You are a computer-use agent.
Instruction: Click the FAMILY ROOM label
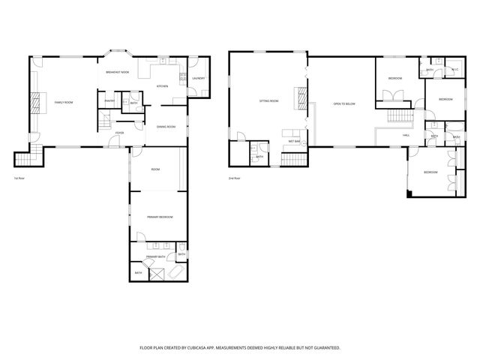pos(63,102)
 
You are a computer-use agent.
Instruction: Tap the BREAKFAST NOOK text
pos(117,71)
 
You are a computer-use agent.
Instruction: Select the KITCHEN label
pos(162,86)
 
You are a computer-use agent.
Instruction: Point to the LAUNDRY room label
pos(198,78)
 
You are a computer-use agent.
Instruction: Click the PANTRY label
pos(109,100)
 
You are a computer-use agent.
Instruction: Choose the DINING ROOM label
pos(166,127)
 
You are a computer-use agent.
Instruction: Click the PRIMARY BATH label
pos(156,256)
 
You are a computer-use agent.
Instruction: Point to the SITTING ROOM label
pos(268,100)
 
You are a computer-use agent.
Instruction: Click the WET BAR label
pos(294,140)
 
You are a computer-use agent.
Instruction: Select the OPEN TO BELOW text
pos(343,103)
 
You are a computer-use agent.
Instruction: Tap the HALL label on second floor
pos(406,135)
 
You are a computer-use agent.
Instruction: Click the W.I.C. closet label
pos(454,70)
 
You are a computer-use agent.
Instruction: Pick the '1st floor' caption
pos(19,178)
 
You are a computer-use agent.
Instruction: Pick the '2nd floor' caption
pos(235,178)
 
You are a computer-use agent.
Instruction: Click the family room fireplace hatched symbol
pos(34,102)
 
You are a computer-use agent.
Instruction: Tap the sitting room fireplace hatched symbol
pos(303,98)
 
